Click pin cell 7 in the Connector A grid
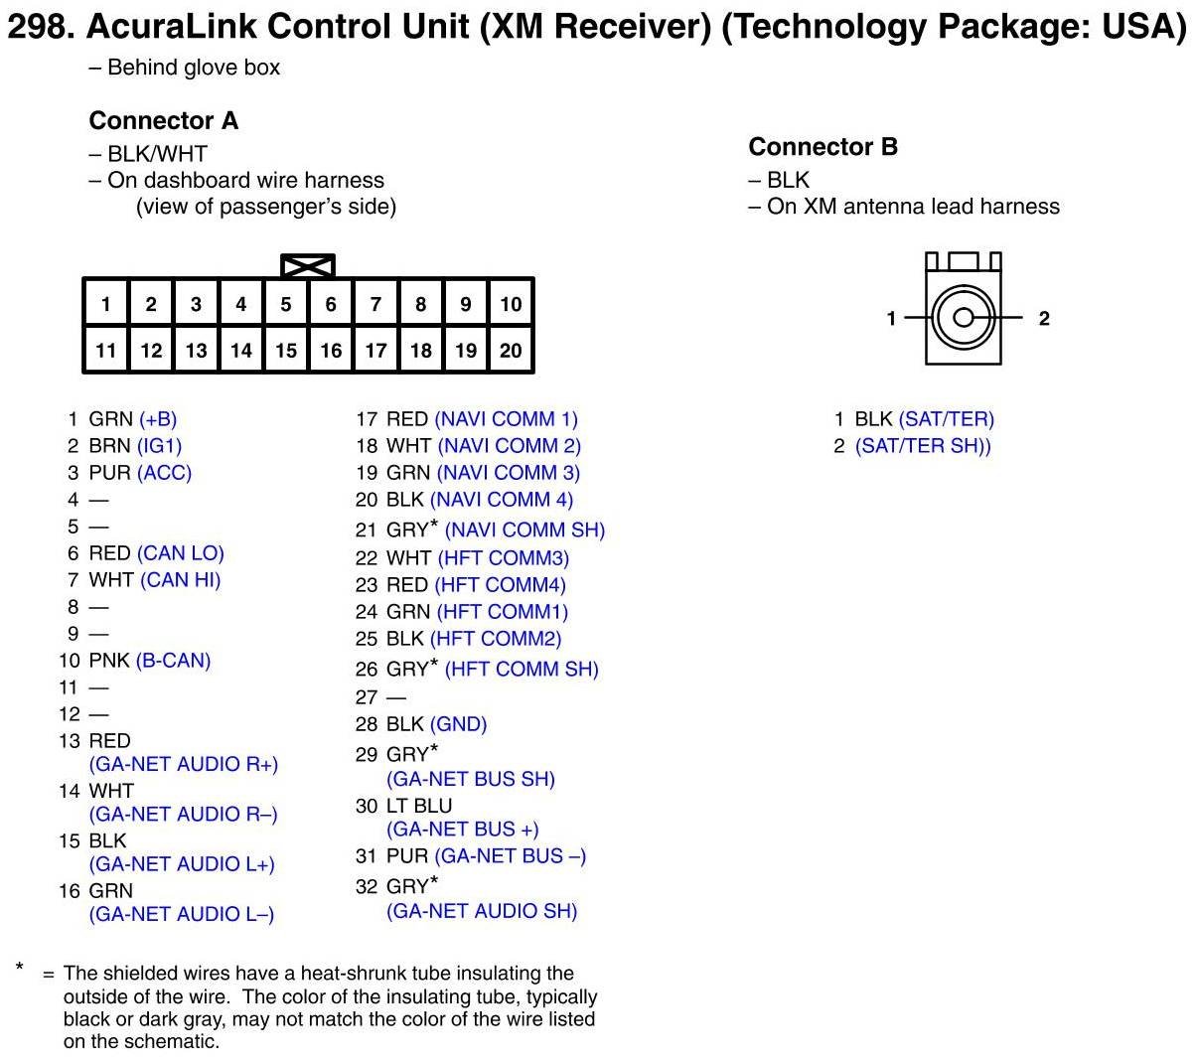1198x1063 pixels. tap(375, 304)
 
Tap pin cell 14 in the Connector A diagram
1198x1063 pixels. tap(241, 350)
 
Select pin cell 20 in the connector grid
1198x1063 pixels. tap(511, 350)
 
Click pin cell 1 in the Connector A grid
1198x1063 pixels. tap(106, 304)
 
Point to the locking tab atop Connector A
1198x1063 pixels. tap(308, 266)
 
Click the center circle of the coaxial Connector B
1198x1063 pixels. tap(964, 318)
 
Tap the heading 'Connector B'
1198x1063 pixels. tap(823, 147)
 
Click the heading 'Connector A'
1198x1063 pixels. tap(163, 121)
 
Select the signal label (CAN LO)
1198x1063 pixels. tap(181, 553)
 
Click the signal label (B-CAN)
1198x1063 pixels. tap(174, 661)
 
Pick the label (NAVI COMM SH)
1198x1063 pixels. tap(524, 531)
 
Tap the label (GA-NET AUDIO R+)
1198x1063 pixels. tap(184, 764)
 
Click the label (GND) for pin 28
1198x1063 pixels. tap(458, 724)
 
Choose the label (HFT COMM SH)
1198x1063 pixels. tap(522, 670)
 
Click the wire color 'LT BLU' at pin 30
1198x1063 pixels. tap(419, 806)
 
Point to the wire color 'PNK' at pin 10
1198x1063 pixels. tap(109, 661)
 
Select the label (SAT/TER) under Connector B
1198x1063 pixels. tap(946, 419)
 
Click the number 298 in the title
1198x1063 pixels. tap(39, 27)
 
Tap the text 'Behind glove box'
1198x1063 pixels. tap(194, 68)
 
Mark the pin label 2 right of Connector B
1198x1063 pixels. tap(1044, 318)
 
